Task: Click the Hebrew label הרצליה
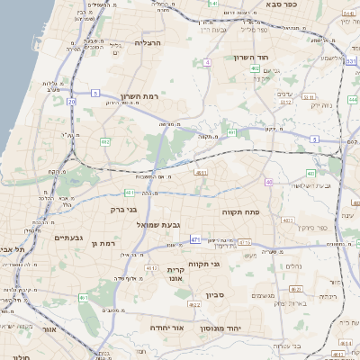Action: click(x=148, y=42)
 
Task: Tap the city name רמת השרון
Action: click(x=138, y=95)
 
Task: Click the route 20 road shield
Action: click(x=72, y=102)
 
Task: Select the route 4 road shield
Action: click(x=207, y=62)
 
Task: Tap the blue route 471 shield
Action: click(x=195, y=239)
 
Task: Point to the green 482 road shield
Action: click(x=105, y=141)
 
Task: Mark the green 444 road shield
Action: click(x=352, y=100)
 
